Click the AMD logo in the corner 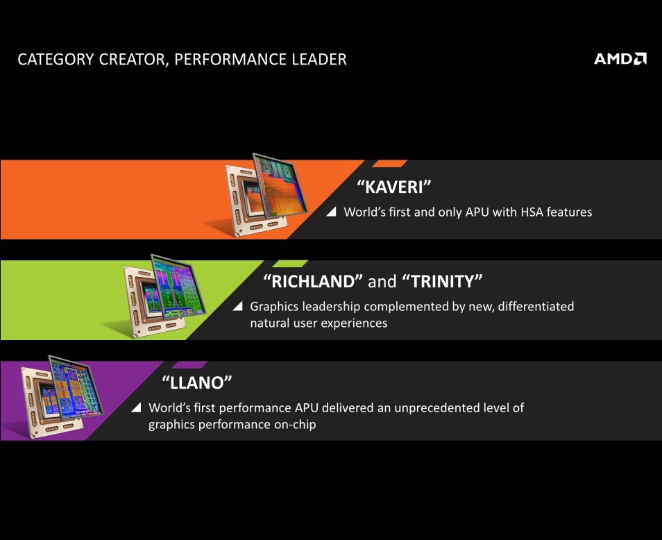620,59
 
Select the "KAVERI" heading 394,187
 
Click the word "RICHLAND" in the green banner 314,281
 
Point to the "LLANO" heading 196,382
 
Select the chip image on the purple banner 62,394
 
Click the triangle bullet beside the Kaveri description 331,212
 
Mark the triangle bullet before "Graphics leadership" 237,306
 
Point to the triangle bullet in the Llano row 136,407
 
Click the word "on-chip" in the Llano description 293,424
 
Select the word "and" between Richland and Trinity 382,282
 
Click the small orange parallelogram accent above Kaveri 389,164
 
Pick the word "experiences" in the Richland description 354,323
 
